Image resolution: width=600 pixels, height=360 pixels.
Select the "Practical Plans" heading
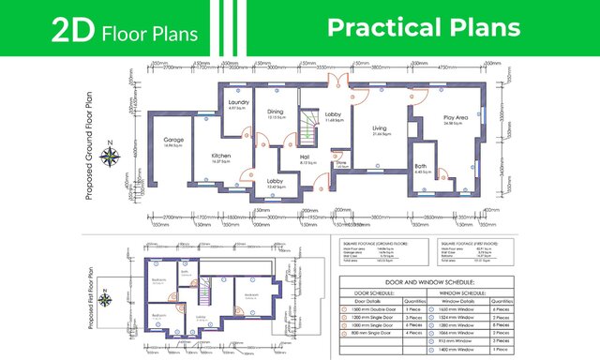coord(423,28)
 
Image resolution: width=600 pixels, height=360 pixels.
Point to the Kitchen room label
coord(221,157)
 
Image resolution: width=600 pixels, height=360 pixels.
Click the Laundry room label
coord(237,103)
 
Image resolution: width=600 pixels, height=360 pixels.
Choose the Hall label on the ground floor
coord(304,158)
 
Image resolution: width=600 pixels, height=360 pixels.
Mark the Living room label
coord(380,129)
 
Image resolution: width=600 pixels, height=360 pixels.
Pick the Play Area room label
coord(455,118)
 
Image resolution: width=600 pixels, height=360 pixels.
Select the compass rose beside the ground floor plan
coord(112,156)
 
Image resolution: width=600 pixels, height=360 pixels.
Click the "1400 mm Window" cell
coord(466,347)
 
